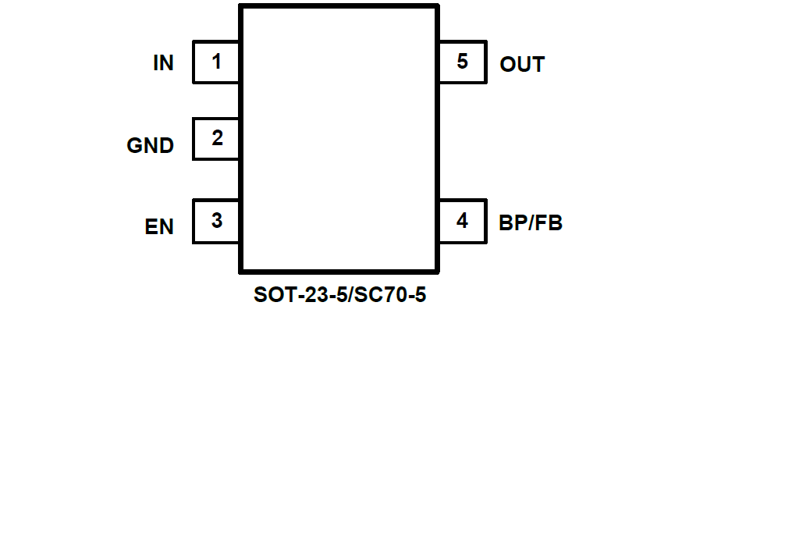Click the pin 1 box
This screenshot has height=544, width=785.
[216, 62]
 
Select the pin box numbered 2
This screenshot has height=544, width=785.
[216, 139]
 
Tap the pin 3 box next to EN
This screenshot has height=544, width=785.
[216, 221]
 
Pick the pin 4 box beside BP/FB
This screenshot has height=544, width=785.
[462, 221]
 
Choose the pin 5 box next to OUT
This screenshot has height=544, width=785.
[462, 62]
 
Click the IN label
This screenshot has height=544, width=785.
[163, 63]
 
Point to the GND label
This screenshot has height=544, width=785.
[150, 145]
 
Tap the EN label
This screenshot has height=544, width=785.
[159, 227]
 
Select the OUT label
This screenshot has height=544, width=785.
[522, 65]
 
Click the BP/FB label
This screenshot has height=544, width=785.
[531, 223]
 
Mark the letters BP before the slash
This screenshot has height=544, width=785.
[511, 223]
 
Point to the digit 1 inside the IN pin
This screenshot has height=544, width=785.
[216, 61]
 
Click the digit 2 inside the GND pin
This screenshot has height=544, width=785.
[217, 138]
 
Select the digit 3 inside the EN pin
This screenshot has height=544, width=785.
[216, 221]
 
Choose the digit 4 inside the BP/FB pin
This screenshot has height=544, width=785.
[462, 221]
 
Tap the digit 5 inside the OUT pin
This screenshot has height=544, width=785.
[462, 61]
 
